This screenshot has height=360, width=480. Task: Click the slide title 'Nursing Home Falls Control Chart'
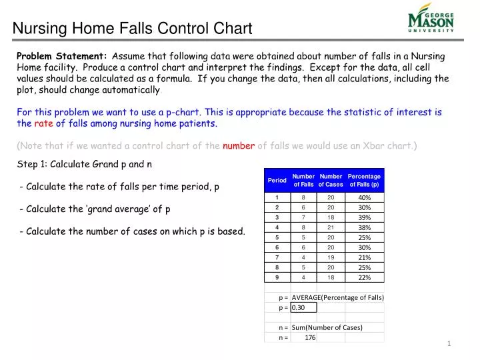133,29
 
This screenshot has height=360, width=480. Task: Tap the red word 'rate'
43,123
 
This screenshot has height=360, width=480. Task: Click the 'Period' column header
277,180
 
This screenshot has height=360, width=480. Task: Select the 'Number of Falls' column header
303,180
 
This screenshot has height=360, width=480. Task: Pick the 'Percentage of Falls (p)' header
364,180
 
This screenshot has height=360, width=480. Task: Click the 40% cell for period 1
364,197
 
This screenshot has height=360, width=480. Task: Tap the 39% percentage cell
364,217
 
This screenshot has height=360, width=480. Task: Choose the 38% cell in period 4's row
364,227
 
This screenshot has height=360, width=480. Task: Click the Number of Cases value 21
331,227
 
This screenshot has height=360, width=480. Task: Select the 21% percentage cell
364,257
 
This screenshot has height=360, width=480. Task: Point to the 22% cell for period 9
364,277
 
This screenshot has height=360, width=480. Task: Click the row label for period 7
277,257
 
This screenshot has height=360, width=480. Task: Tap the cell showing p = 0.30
303,307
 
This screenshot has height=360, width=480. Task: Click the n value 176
309,337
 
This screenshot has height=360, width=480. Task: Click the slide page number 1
450,343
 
